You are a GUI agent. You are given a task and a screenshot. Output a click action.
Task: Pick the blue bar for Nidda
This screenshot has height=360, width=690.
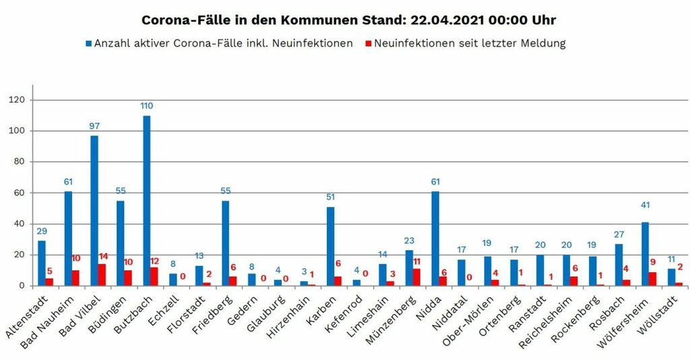point(435,239)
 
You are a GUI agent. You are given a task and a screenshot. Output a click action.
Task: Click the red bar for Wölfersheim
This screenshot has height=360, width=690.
point(652,278)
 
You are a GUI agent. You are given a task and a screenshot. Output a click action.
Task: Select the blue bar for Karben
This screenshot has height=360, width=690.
point(330,246)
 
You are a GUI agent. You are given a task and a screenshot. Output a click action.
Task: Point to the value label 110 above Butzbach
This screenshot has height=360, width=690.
point(146,107)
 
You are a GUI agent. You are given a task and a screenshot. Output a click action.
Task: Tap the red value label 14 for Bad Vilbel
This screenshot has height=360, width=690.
point(102,257)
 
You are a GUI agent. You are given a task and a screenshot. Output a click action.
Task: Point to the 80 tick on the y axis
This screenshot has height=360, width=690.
point(19,162)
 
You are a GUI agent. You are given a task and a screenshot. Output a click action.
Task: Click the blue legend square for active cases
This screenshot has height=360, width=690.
point(88,44)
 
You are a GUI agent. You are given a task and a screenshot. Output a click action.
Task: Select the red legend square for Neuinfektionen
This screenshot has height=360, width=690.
point(368,44)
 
